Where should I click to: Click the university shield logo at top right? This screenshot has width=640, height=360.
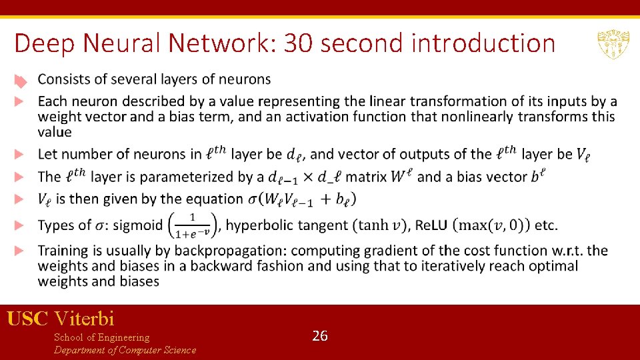610,45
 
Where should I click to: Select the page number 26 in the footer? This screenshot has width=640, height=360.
320,336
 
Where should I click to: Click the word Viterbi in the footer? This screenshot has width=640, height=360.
85,319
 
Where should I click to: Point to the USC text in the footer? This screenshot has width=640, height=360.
27,319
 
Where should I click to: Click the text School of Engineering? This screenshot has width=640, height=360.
101,337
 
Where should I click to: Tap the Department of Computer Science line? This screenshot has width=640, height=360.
125,350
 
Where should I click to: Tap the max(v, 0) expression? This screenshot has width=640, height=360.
491,225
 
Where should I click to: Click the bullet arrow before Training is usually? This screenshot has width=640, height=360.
20,251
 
